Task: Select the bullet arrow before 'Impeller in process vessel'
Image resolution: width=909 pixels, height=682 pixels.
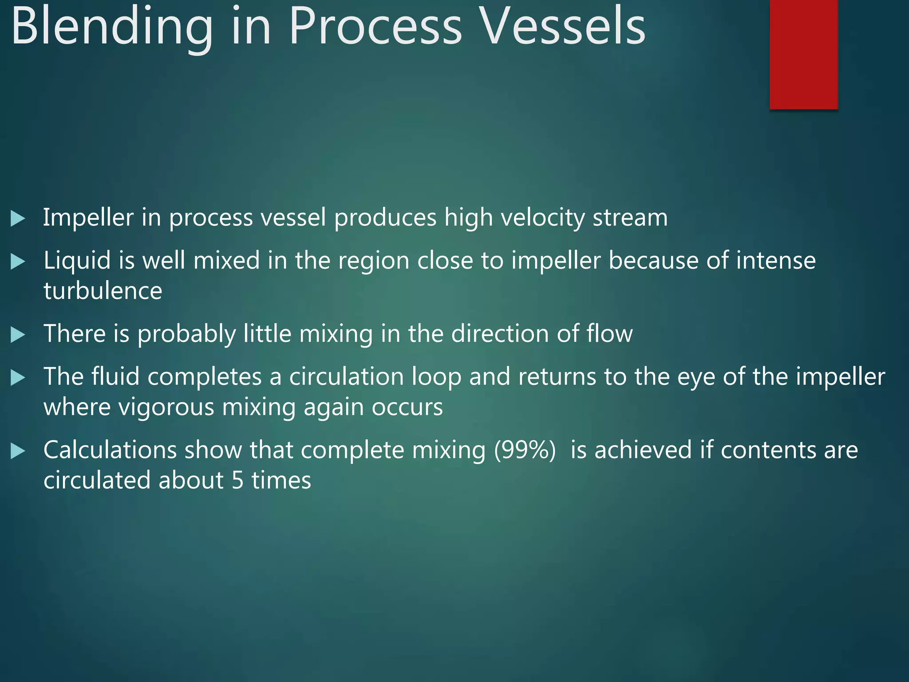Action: pyautogui.click(x=17, y=218)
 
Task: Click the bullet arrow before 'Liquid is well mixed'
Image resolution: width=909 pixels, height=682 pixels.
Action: pyautogui.click(x=17, y=262)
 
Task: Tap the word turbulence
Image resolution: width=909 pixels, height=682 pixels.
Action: pyautogui.click(x=103, y=291)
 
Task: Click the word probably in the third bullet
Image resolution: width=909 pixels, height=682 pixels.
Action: pyautogui.click(x=186, y=334)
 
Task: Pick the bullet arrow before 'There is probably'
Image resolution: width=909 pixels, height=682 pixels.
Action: pyautogui.click(x=17, y=335)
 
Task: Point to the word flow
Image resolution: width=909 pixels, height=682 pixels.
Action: pyautogui.click(x=609, y=334)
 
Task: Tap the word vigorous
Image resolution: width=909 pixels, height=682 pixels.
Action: pyautogui.click(x=164, y=407)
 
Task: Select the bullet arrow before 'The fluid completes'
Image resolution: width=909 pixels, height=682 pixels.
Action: pyautogui.click(x=17, y=378)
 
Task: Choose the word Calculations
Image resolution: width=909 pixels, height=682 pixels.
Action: pyautogui.click(x=110, y=450)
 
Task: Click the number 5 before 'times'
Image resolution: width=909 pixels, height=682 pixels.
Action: pyautogui.click(x=237, y=481)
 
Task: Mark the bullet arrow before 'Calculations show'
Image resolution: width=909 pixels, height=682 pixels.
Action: pyautogui.click(x=17, y=451)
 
